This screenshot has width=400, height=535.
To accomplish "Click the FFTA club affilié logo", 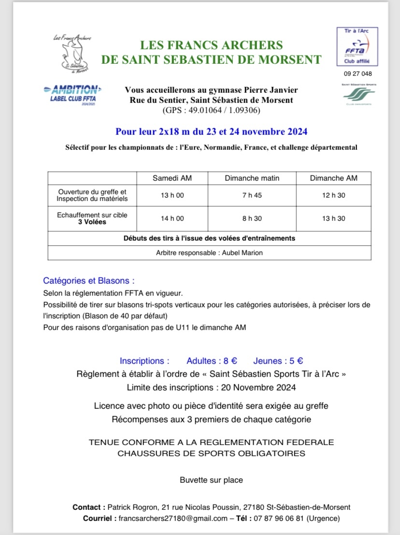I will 357,47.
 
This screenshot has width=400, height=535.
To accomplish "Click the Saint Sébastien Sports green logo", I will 358,94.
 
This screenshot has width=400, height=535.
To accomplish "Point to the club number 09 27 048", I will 358,74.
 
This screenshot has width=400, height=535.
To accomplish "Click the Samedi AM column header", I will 172,178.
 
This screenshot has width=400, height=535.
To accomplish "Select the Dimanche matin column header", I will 252,178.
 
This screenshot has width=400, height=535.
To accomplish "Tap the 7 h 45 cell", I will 252,195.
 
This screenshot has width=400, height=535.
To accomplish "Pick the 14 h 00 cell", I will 172,218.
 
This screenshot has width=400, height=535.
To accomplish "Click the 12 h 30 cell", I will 334,195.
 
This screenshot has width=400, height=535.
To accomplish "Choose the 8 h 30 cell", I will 252,218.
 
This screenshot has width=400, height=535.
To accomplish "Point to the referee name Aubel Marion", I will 243,253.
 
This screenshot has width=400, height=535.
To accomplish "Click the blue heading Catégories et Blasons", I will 88,281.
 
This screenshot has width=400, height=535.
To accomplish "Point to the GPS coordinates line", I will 211,110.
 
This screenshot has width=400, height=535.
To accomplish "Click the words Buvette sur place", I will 211,480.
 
